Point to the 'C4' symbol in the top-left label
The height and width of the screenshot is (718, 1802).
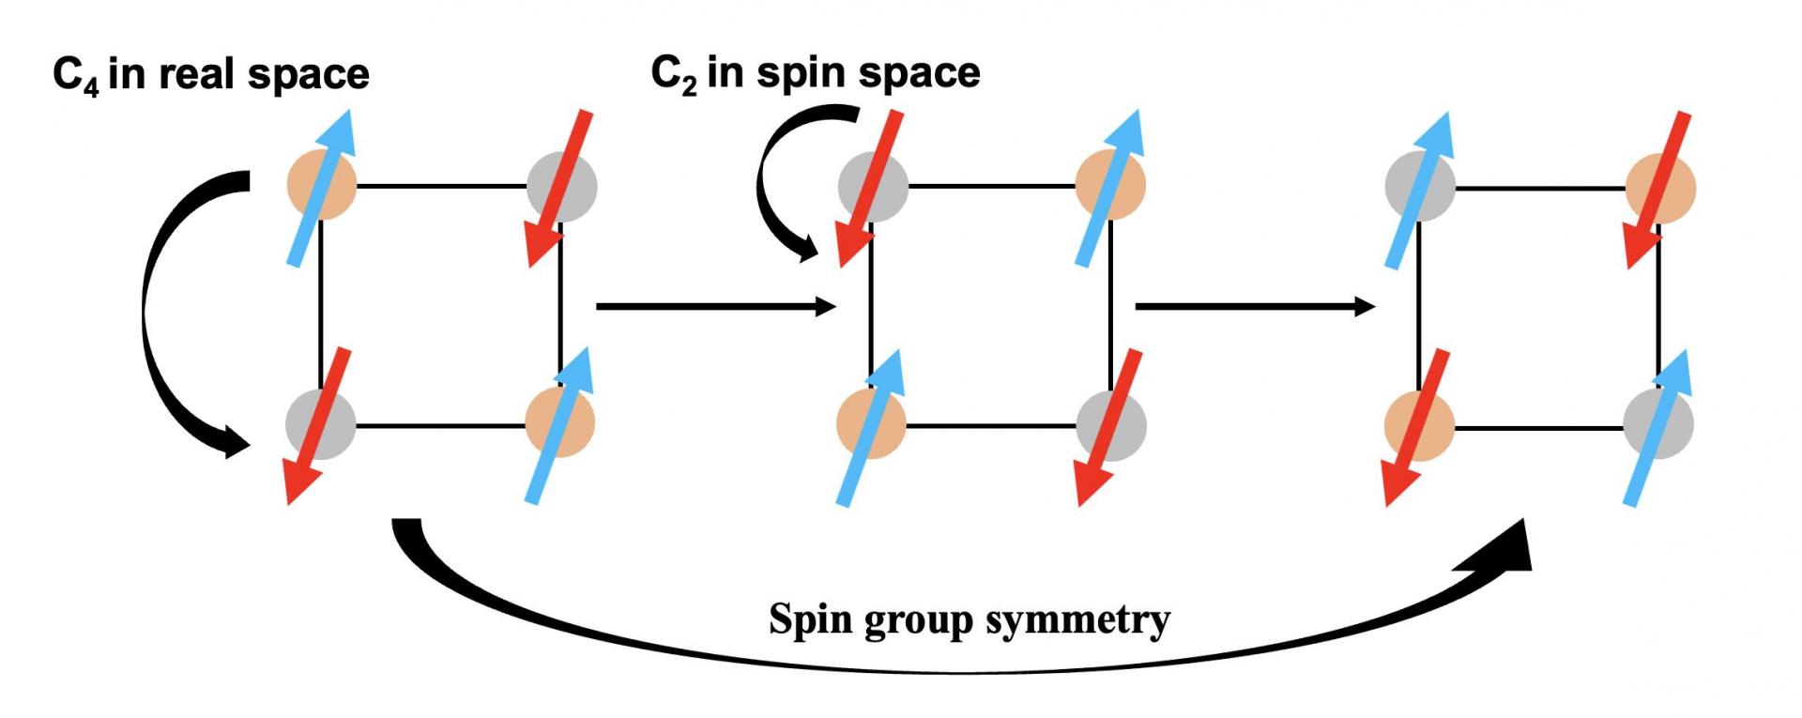(76, 75)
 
